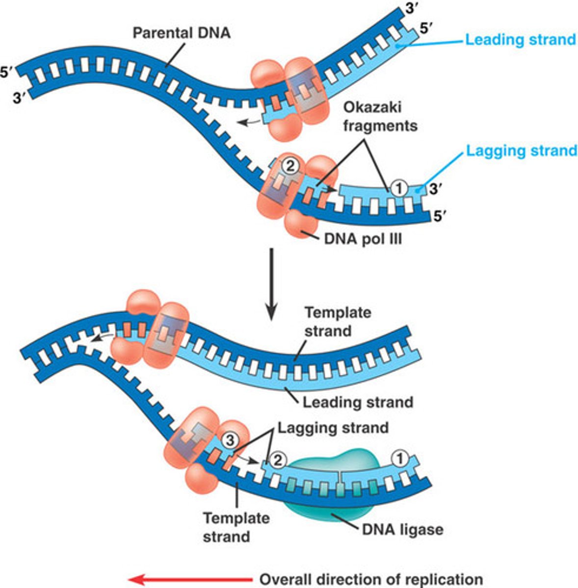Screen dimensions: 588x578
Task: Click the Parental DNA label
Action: click(182, 33)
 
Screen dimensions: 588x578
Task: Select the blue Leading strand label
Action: click(520, 39)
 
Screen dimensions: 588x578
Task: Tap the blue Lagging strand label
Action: click(521, 150)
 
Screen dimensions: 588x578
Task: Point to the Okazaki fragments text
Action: click(380, 116)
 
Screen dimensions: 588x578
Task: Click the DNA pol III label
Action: click(363, 239)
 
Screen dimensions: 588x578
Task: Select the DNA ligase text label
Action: click(402, 529)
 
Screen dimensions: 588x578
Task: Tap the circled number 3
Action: click(229, 440)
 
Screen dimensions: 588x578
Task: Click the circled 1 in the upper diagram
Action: click(399, 188)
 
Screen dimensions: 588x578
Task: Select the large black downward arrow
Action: click(271, 284)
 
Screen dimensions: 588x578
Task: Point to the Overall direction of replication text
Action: click(371, 579)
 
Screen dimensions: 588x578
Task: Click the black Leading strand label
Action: click(358, 402)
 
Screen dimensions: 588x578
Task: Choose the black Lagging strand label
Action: click(333, 428)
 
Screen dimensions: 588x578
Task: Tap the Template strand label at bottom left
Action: click(236, 527)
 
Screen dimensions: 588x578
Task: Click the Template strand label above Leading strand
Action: click(338, 321)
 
